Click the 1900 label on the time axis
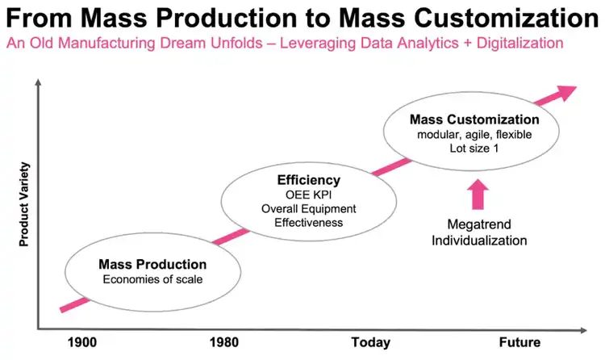[82, 342]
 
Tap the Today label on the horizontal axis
[371, 342]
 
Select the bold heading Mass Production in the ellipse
[152, 264]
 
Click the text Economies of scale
[152, 279]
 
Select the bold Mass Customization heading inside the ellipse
[474, 119]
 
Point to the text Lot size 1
[474, 149]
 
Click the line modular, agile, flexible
[474, 134]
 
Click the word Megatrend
[478, 224]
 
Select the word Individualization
[478, 240]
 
